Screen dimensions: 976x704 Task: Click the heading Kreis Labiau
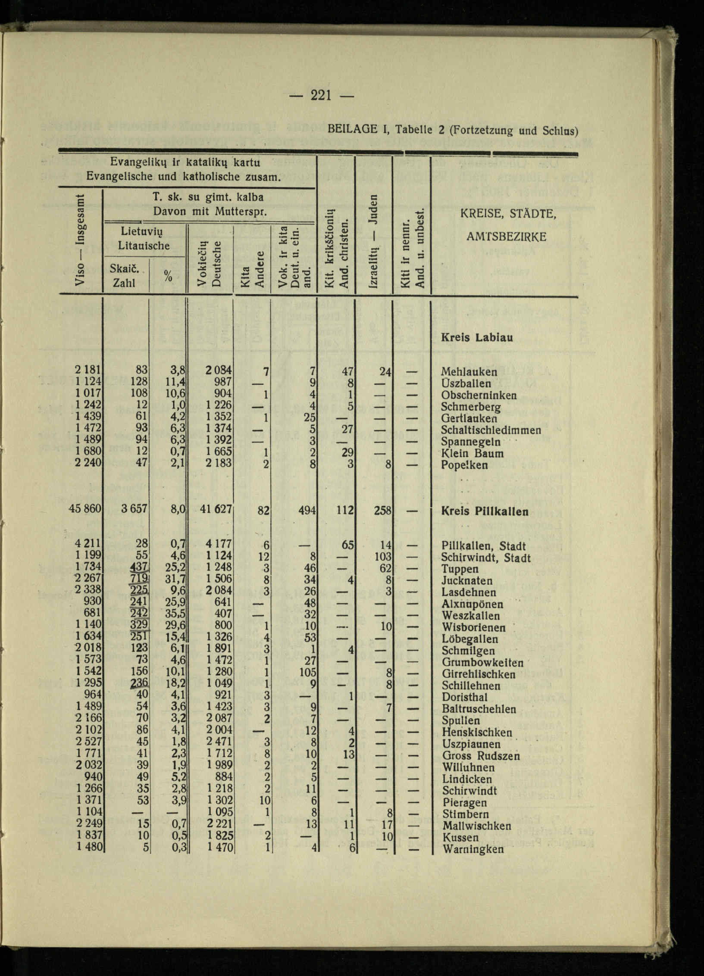click(x=477, y=338)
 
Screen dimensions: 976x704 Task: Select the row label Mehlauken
click(x=469, y=372)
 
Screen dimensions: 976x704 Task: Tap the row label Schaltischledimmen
click(x=491, y=430)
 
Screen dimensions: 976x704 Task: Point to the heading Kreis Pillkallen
click(x=485, y=512)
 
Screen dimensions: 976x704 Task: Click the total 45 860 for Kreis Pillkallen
click(x=85, y=509)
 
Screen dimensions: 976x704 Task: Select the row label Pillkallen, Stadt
click(x=484, y=546)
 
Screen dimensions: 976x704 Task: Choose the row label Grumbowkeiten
click(x=483, y=663)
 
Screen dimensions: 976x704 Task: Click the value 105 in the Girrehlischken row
click(x=308, y=673)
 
